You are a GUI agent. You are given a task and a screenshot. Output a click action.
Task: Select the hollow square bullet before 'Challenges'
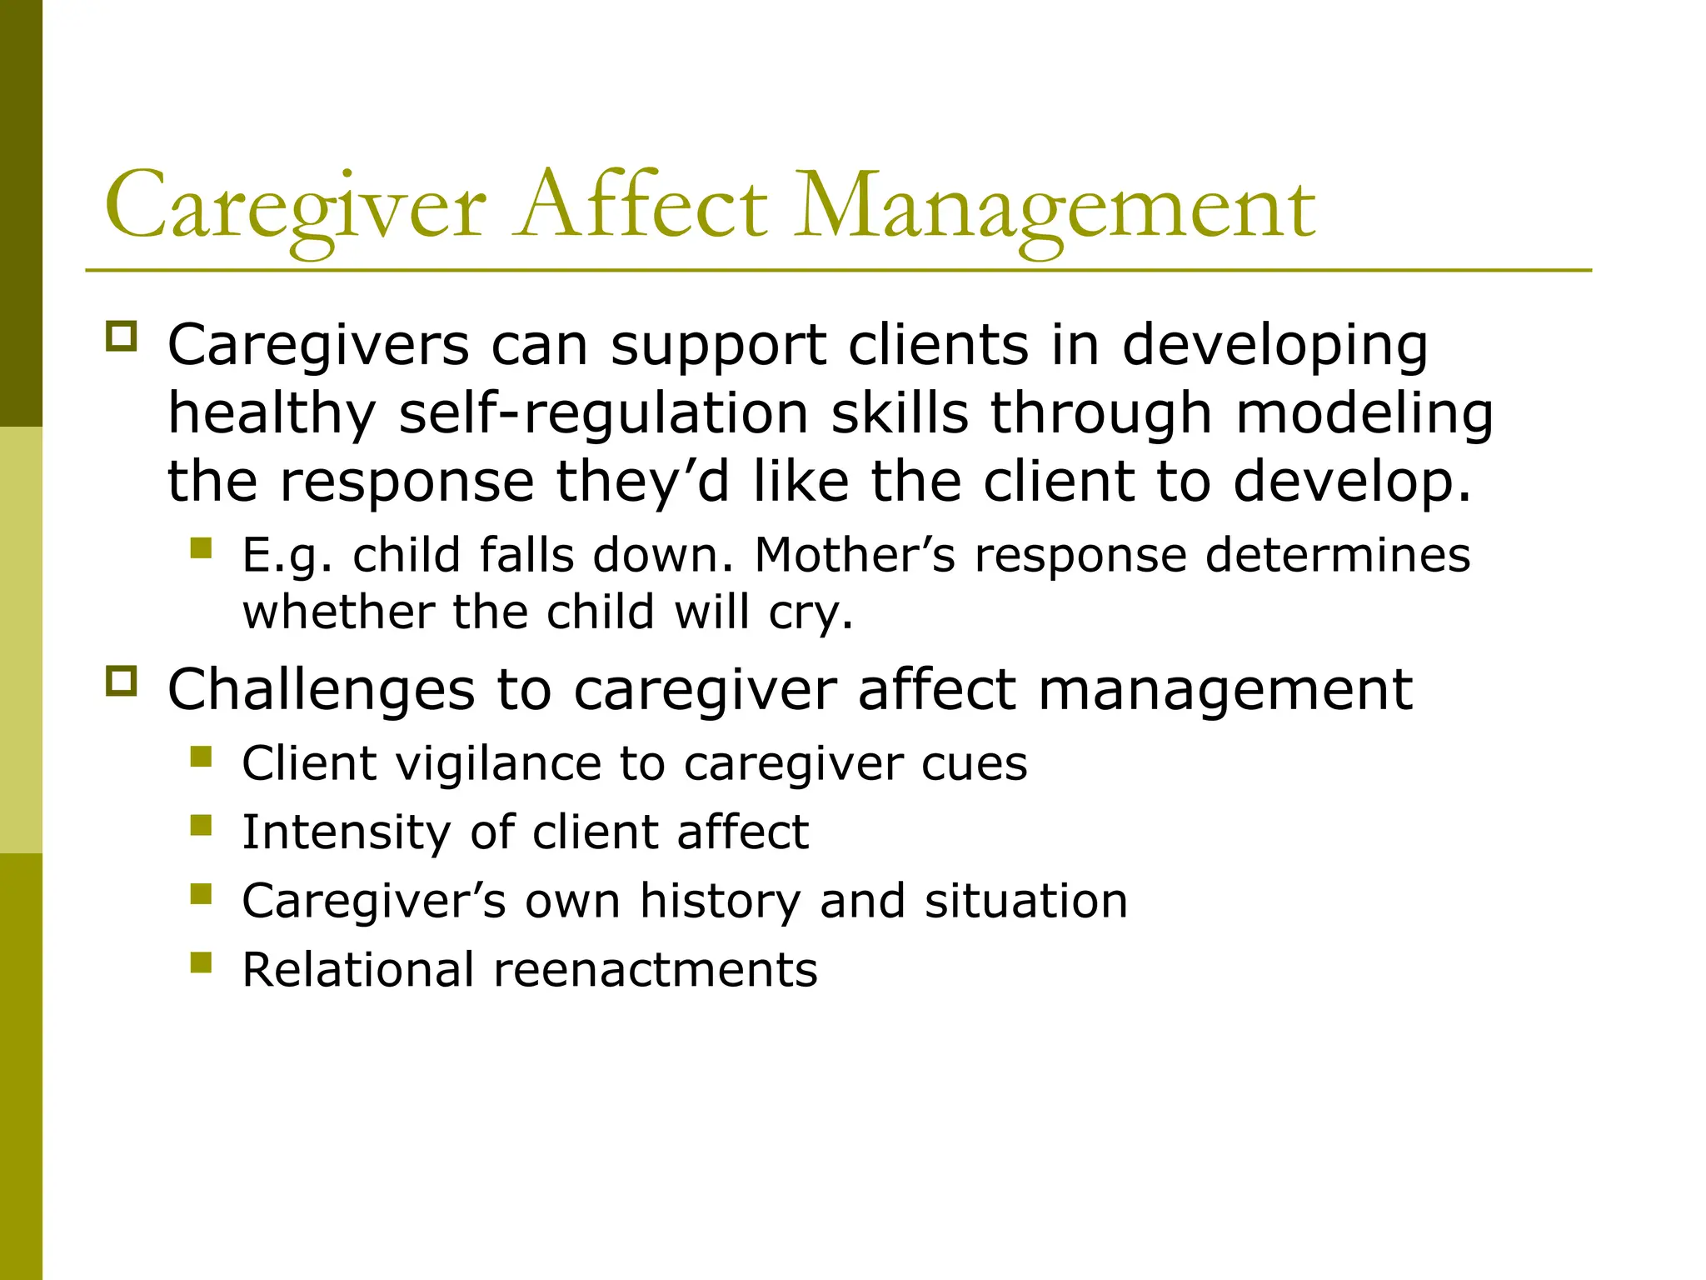[121, 681]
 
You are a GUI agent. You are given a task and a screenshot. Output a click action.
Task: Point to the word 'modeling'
[1364, 413]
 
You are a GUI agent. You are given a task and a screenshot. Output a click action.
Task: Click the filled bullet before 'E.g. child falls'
[201, 547]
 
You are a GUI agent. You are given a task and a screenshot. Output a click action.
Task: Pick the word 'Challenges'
[322, 690]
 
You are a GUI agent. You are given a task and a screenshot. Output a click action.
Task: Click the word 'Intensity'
[346, 832]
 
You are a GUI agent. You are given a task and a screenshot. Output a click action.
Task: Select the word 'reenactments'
[656, 970]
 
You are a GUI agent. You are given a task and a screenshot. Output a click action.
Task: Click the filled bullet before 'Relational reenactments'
[201, 962]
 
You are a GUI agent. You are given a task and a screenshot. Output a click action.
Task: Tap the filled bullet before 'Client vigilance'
[201, 756]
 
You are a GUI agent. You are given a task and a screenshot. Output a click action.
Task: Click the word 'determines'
[1338, 555]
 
